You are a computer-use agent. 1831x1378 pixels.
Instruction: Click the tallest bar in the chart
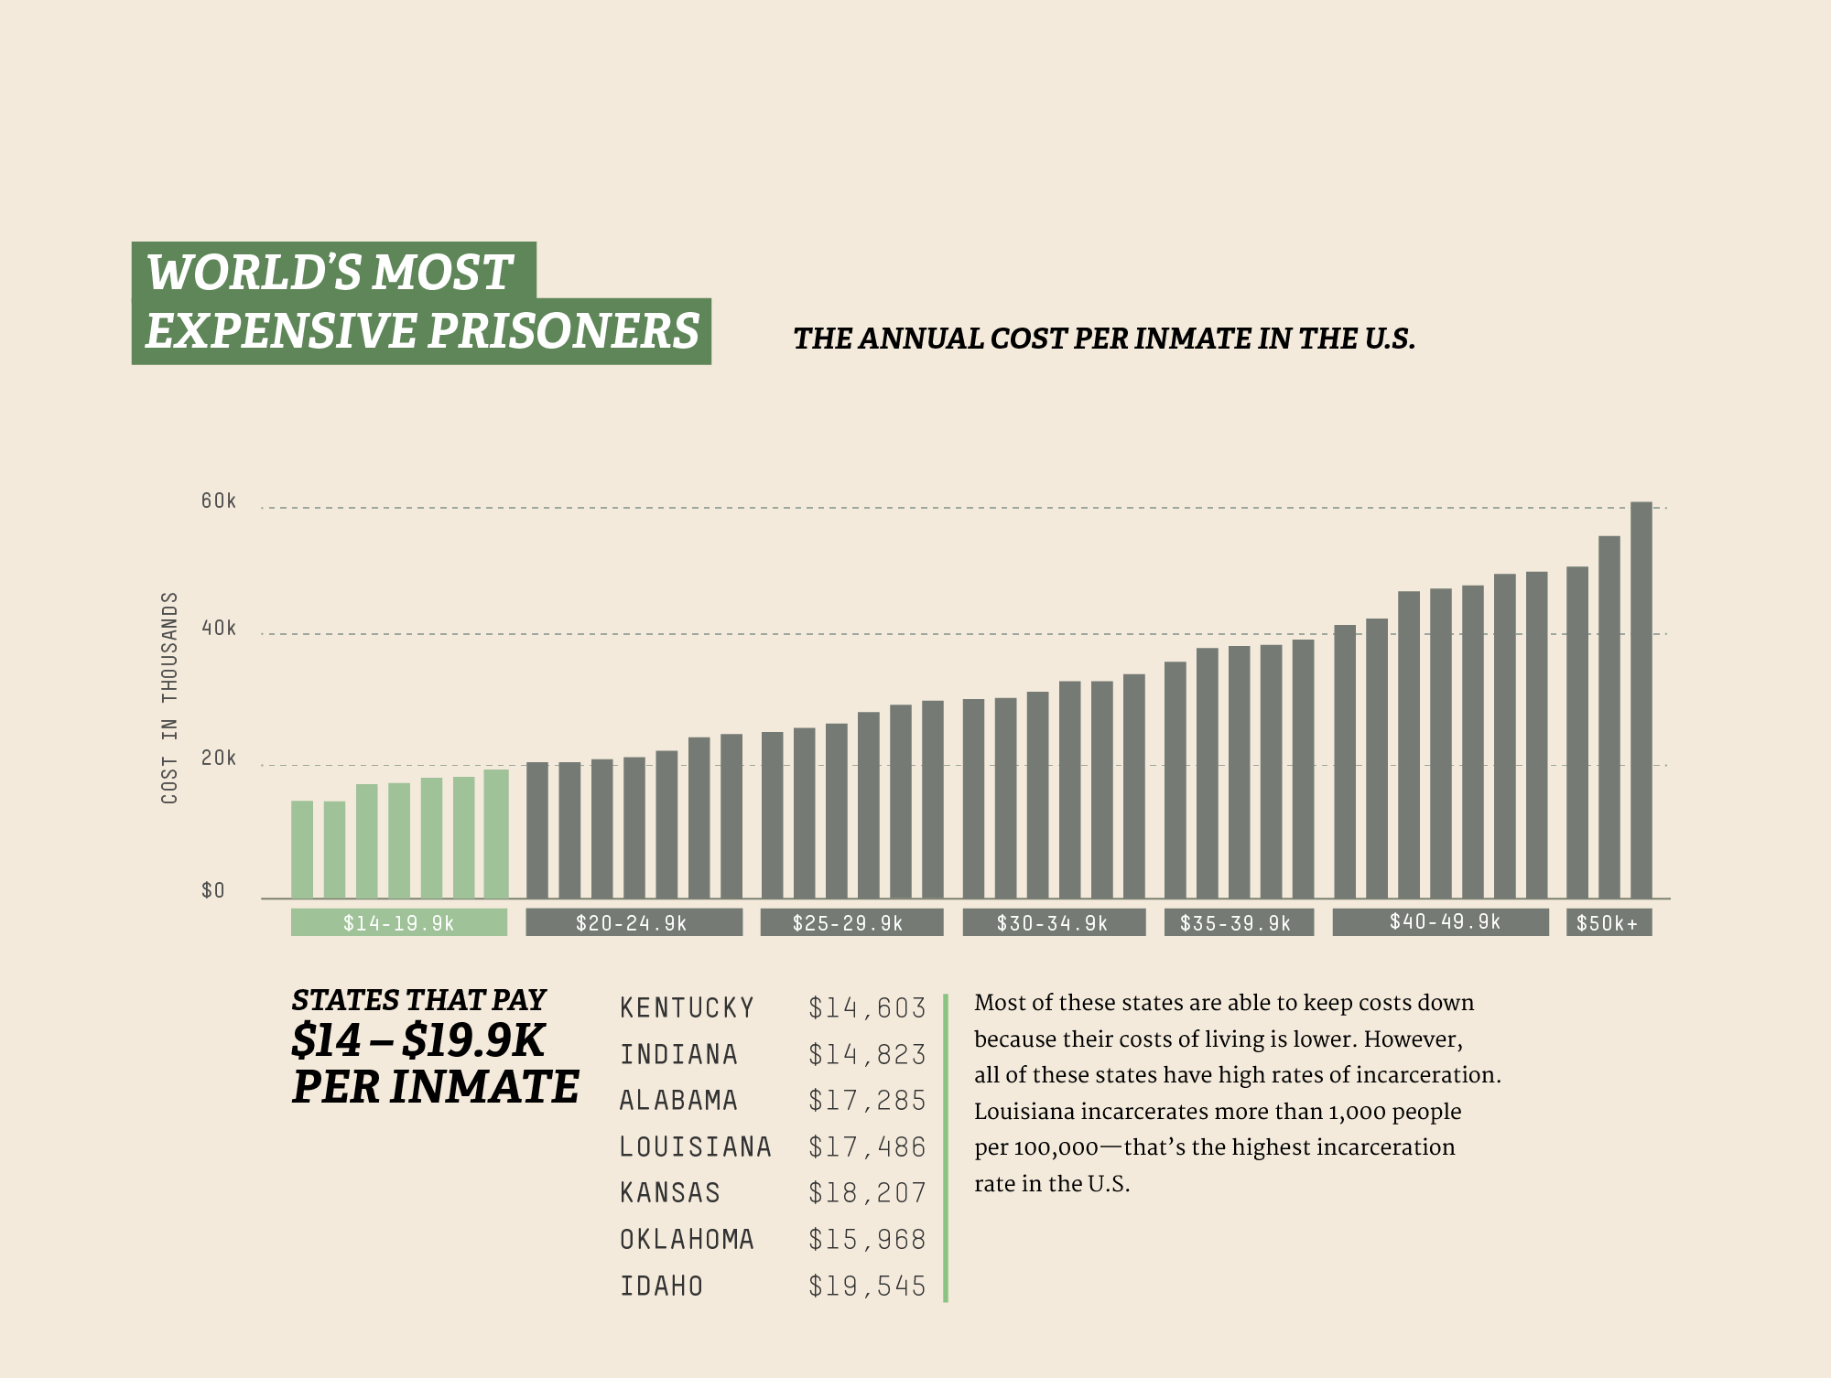click(1641, 700)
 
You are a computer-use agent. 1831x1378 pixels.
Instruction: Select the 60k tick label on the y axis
click(219, 501)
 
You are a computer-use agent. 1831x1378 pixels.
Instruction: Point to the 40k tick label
click(219, 628)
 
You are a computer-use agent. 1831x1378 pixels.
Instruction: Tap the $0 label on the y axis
click(212, 890)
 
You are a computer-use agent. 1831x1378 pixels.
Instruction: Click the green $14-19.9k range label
click(398, 922)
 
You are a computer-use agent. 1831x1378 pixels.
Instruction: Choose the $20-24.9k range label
click(633, 922)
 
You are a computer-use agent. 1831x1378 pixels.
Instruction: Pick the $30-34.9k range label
click(1053, 922)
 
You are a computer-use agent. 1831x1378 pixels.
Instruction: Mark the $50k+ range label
click(1608, 922)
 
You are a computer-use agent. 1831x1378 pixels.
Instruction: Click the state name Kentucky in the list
click(687, 1007)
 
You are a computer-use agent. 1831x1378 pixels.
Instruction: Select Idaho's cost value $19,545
click(867, 1286)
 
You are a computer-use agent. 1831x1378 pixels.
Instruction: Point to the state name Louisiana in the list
click(695, 1147)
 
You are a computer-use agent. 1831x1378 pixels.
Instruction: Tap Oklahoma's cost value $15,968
click(867, 1239)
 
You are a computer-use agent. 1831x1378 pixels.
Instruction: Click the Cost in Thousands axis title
click(169, 697)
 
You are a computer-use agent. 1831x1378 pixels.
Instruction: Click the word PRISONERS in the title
click(564, 330)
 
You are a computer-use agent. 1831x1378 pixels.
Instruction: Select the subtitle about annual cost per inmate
click(1103, 339)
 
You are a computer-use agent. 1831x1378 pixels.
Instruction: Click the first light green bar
click(302, 849)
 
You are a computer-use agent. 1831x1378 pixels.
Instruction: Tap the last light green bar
click(495, 834)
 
